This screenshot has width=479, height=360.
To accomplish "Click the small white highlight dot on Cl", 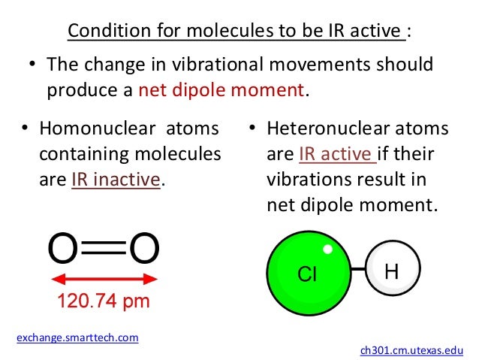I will pyautogui.click(x=327, y=249).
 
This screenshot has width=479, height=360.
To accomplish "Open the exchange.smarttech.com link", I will pyautogui.click(x=77, y=337).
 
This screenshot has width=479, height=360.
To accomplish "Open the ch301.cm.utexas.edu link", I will pyautogui.click(x=412, y=350).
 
